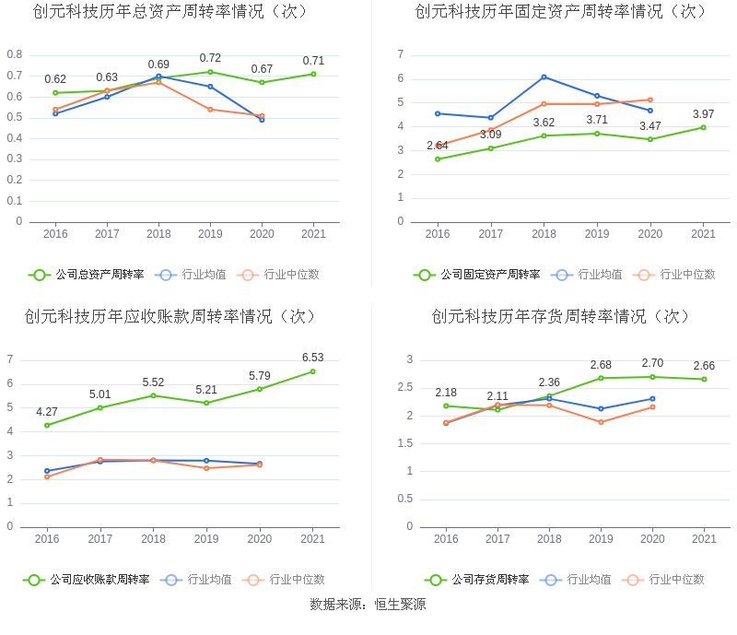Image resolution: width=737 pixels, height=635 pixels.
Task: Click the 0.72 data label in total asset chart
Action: tap(210, 58)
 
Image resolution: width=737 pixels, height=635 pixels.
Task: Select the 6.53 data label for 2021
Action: tap(313, 358)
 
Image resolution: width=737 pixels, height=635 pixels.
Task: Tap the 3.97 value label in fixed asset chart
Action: tap(703, 114)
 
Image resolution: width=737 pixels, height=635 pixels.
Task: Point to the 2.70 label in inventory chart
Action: tap(652, 363)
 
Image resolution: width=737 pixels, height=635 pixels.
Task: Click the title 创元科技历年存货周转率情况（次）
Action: tap(561, 316)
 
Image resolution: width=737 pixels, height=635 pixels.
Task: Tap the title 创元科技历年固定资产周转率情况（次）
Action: tap(561, 11)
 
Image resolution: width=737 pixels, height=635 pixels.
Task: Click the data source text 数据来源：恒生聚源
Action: tap(368, 605)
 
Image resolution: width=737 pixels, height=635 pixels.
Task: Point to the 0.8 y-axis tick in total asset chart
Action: tap(15, 54)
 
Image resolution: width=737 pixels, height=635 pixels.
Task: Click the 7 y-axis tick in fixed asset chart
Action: tap(401, 54)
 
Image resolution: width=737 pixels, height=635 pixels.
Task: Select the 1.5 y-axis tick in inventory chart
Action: tap(404, 443)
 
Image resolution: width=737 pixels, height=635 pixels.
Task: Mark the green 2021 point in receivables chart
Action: tap(313, 371)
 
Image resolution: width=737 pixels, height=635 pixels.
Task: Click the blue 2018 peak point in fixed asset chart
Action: tap(544, 76)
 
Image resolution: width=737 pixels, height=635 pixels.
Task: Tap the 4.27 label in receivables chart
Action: tap(47, 412)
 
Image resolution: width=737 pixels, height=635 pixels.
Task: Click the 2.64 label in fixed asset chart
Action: tap(438, 146)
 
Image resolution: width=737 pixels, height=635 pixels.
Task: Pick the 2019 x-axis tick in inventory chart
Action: tap(601, 539)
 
